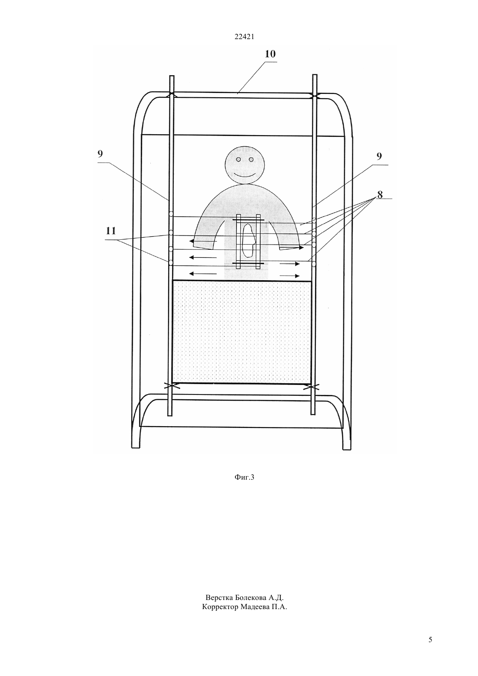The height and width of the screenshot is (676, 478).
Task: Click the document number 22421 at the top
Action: [x=244, y=37]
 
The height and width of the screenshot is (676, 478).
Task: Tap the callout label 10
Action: [x=270, y=54]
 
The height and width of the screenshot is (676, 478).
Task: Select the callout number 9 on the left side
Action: [x=100, y=154]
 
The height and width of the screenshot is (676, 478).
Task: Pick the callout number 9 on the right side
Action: [x=379, y=156]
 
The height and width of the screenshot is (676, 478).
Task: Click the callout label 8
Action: [x=380, y=195]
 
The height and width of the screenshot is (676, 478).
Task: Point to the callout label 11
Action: [x=111, y=231]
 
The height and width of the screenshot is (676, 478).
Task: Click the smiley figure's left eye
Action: [x=239, y=159]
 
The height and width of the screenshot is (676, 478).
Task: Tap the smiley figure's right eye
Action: [x=251, y=159]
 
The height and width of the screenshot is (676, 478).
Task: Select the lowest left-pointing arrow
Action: [x=203, y=274]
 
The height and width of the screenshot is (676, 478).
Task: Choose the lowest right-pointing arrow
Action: [x=290, y=276]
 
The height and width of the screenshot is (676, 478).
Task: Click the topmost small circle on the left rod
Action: [x=171, y=214]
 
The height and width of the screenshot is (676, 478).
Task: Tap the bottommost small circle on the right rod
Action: [x=314, y=264]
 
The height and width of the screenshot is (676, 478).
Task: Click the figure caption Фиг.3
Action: [x=244, y=477]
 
